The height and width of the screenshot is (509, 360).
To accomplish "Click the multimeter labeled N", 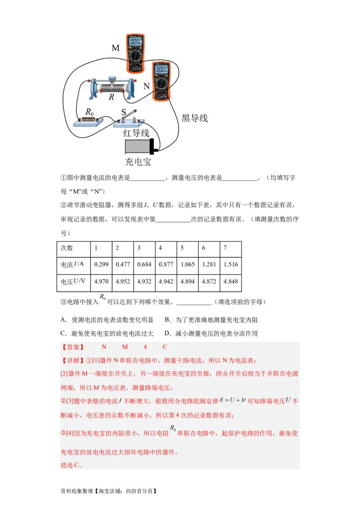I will click(161, 80).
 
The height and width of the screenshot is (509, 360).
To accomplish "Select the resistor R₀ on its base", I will click(89, 120).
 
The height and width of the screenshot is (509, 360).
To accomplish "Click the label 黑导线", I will click(194, 118).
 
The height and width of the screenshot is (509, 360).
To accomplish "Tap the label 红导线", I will click(136, 133).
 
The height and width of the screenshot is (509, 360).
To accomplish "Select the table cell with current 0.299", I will click(101, 264).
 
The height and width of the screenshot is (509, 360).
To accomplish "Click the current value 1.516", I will click(231, 264).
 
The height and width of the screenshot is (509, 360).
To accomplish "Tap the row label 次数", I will click(67, 248).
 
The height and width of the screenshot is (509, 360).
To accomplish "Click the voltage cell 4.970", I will click(101, 281).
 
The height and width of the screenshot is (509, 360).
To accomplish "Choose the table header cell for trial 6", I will click(209, 248).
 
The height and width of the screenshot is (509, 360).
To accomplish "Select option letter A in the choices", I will click(63, 320).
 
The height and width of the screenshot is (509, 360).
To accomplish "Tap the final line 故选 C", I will click(71, 465).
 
